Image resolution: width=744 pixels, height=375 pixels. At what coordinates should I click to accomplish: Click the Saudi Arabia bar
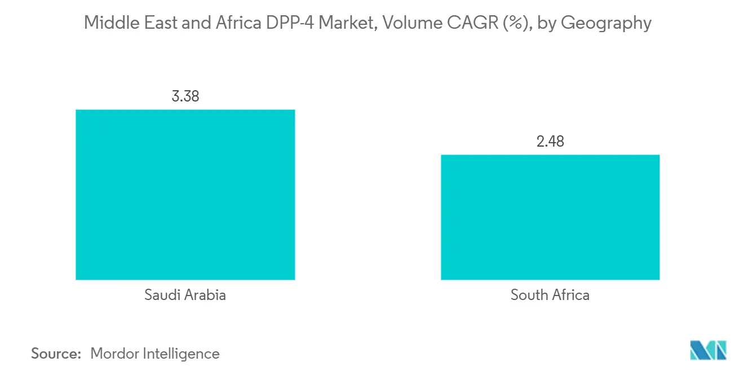(x=185, y=195)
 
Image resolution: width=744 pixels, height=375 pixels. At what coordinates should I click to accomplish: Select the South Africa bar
(x=550, y=217)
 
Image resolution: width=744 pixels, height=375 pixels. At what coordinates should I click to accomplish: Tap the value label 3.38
(x=185, y=96)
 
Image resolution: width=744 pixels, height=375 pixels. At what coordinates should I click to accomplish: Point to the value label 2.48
(x=550, y=142)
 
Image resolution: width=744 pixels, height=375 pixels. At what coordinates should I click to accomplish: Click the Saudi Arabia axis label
(x=185, y=295)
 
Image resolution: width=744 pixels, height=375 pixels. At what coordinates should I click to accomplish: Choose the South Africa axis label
(x=550, y=295)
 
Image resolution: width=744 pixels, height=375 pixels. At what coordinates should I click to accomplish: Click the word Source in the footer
(x=55, y=354)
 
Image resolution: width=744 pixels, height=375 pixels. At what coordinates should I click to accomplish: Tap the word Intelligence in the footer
(x=181, y=354)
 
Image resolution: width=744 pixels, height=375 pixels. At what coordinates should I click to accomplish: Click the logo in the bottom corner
(x=708, y=351)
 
